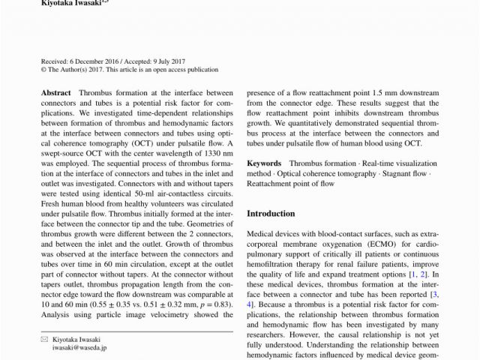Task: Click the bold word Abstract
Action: click(x=57, y=93)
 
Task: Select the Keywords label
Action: click(x=264, y=163)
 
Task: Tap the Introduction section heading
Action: click(x=271, y=214)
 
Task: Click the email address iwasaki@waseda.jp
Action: click(x=79, y=348)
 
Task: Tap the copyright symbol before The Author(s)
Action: click(x=43, y=69)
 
